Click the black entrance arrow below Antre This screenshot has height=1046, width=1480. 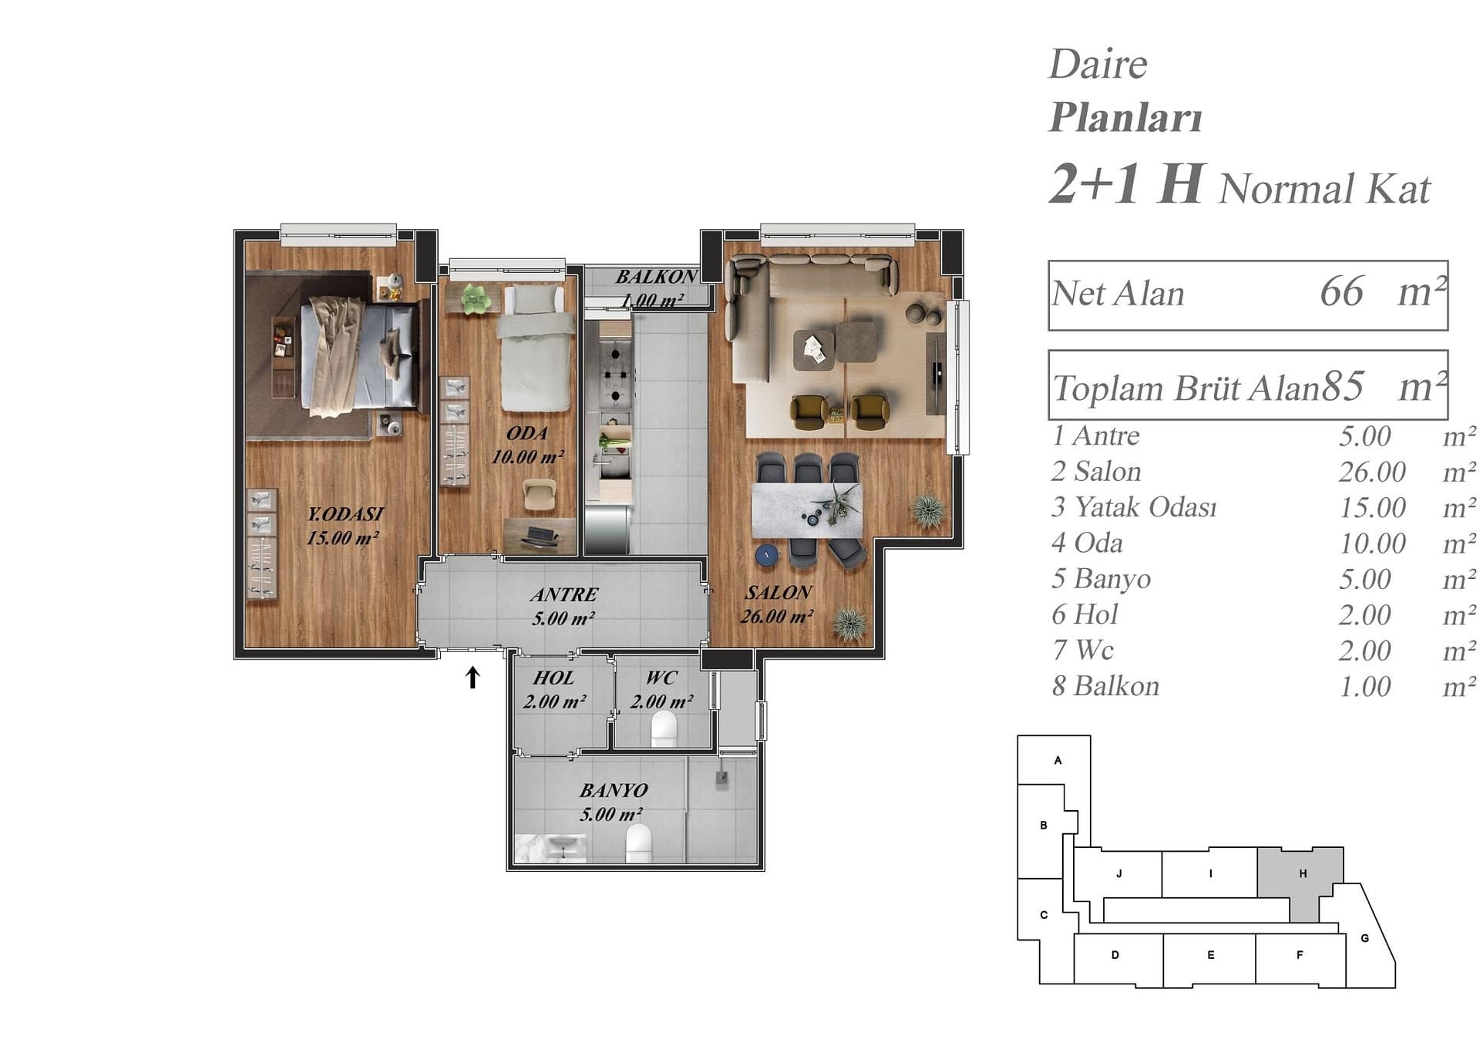coord(473,678)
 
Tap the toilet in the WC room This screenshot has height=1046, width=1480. coord(664,729)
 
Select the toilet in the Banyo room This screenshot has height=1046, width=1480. coord(638,843)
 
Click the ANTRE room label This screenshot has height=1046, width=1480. coord(564,594)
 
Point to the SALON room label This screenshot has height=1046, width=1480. coord(778,592)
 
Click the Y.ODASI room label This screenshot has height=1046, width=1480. coord(345,513)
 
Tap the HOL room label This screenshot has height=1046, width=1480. coord(553,678)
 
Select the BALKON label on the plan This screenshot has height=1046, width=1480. coord(657,277)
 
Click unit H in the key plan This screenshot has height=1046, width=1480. coord(1303,873)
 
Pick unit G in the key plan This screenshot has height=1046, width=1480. coord(1365,938)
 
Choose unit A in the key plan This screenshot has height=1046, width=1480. coord(1058,760)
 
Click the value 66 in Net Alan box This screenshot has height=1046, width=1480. coord(1341,291)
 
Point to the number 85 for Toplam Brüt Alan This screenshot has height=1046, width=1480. coord(1343,386)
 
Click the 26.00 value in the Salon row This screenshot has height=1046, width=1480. coord(1372,472)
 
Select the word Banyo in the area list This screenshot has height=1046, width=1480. coord(1112,579)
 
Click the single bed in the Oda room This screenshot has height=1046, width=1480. coord(536,347)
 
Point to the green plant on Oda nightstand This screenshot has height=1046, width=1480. coord(476,298)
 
